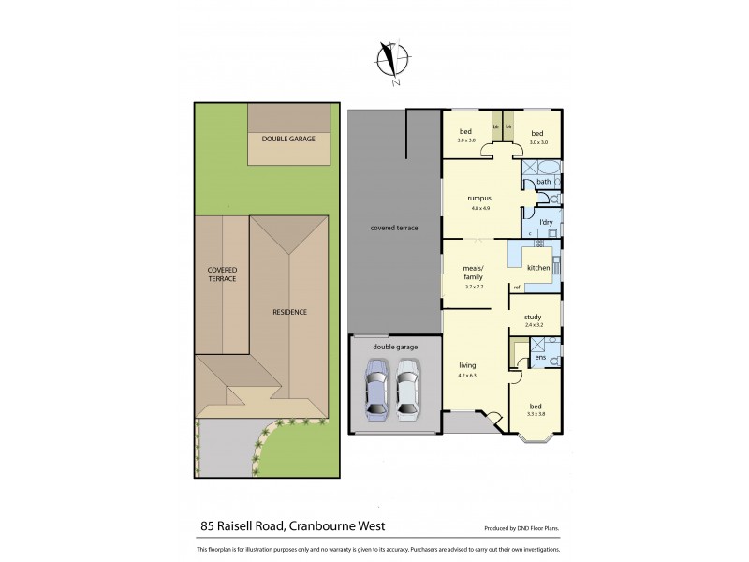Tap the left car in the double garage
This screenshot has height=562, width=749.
tap(375, 394)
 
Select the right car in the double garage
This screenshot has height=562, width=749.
tap(407, 394)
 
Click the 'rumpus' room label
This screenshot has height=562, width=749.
tap(480, 198)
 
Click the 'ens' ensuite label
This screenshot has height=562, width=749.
tap(540, 358)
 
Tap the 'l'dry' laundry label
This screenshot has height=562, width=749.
tap(537, 222)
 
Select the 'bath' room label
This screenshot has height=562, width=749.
tap(542, 182)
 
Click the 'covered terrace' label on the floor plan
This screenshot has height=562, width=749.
tap(394, 228)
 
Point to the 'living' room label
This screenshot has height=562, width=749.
tap(467, 365)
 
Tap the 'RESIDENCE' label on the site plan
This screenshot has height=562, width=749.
tap(289, 312)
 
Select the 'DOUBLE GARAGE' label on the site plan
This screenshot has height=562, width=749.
tap(289, 139)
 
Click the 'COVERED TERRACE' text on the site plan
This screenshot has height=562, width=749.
tap(222, 274)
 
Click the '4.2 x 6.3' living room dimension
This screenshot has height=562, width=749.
tap(467, 376)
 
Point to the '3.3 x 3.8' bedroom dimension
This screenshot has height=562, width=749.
tap(536, 413)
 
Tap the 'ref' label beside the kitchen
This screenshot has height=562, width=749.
tap(515, 287)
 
